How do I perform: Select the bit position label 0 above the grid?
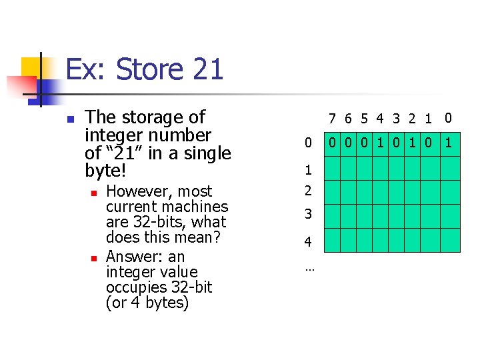[x=448, y=119]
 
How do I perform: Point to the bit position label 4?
[x=380, y=119]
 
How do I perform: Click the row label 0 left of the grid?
[x=308, y=143]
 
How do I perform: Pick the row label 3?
[x=308, y=215]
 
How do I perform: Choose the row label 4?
[x=308, y=241]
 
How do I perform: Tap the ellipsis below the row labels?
[x=309, y=269]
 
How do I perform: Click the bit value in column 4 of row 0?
[x=380, y=143]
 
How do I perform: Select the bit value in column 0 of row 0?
[x=449, y=143]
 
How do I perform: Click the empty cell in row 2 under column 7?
[x=332, y=192]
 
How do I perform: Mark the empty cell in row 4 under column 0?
[x=449, y=240]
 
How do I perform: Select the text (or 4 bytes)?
[x=147, y=303]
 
